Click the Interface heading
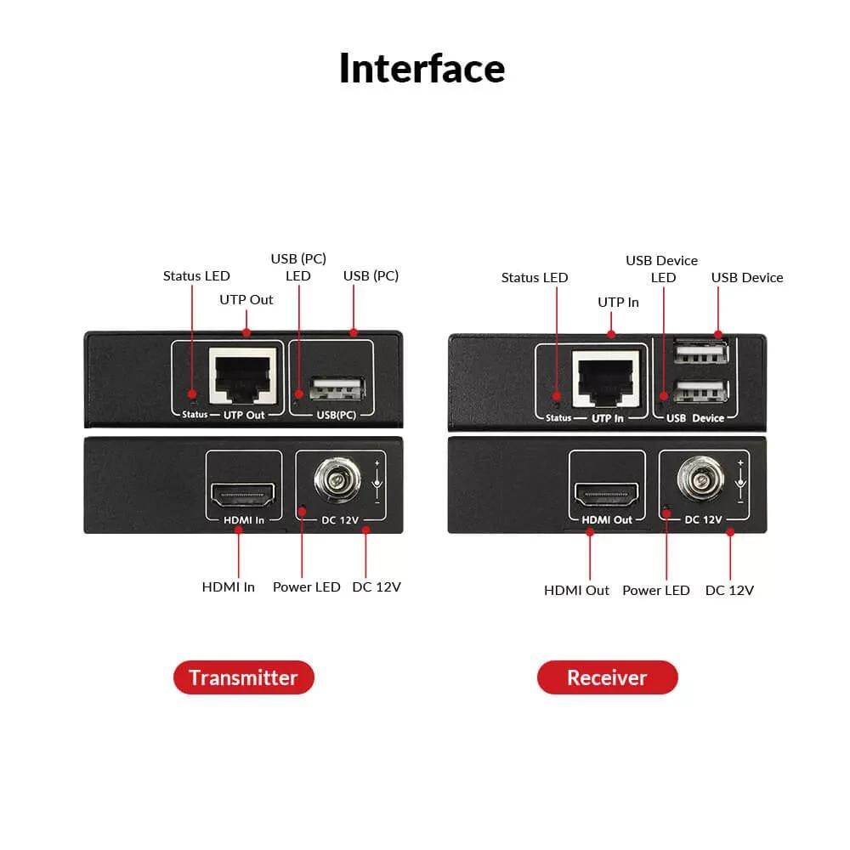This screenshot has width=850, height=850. (422, 68)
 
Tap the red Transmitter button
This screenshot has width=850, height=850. (243, 677)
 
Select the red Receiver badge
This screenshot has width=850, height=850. (607, 677)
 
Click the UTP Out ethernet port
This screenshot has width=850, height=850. (243, 377)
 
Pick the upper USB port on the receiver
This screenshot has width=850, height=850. (700, 353)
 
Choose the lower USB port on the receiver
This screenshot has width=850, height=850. (700, 392)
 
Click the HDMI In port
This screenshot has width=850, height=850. (243, 493)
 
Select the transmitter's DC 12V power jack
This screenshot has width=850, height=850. (337, 482)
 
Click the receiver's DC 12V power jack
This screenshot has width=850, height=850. (700, 482)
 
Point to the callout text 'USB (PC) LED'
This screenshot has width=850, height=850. (298, 267)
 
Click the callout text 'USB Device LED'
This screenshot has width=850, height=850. (662, 269)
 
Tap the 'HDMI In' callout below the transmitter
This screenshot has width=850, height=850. (229, 586)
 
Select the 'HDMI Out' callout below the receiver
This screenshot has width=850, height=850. (576, 590)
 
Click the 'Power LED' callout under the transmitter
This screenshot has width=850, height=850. (306, 586)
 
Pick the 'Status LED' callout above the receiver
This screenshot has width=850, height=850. (535, 277)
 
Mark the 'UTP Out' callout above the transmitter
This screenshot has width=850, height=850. (246, 299)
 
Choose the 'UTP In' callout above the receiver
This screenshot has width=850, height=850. (618, 302)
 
